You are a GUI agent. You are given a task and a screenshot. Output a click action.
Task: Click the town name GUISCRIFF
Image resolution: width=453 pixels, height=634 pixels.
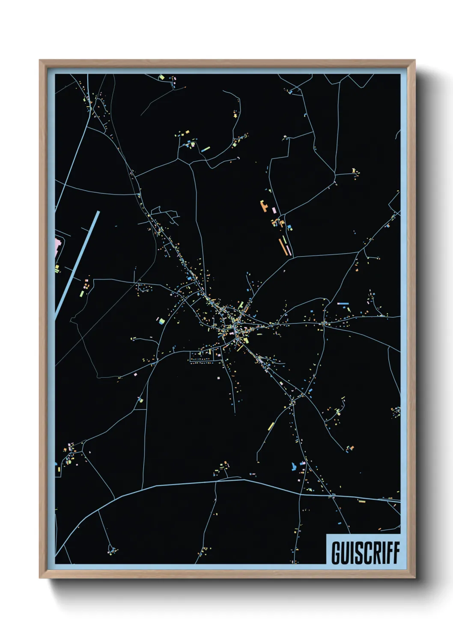coord(365,553)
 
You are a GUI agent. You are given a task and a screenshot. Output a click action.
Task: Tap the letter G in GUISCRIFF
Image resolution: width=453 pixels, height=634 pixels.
coord(336,553)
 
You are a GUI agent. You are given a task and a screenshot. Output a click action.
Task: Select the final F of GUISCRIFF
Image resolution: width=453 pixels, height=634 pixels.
coord(396,553)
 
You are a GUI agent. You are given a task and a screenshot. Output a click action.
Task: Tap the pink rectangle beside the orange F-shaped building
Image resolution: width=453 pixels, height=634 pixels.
coord(274,210)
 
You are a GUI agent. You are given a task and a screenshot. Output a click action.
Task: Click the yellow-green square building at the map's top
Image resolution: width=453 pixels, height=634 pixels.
coord(162,78)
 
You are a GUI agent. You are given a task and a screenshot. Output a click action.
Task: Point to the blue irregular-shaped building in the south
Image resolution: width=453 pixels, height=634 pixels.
coord(294,466)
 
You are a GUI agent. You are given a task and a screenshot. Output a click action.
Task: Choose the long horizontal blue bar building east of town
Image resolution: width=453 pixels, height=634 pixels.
coord(343,303)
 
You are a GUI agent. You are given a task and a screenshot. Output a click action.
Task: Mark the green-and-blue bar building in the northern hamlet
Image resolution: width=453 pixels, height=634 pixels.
coord(206,149)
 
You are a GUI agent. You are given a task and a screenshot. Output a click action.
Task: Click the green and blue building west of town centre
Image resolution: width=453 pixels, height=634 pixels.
coord(161,320)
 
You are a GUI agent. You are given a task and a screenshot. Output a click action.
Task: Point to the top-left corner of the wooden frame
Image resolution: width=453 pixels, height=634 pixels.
coord(40,61)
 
